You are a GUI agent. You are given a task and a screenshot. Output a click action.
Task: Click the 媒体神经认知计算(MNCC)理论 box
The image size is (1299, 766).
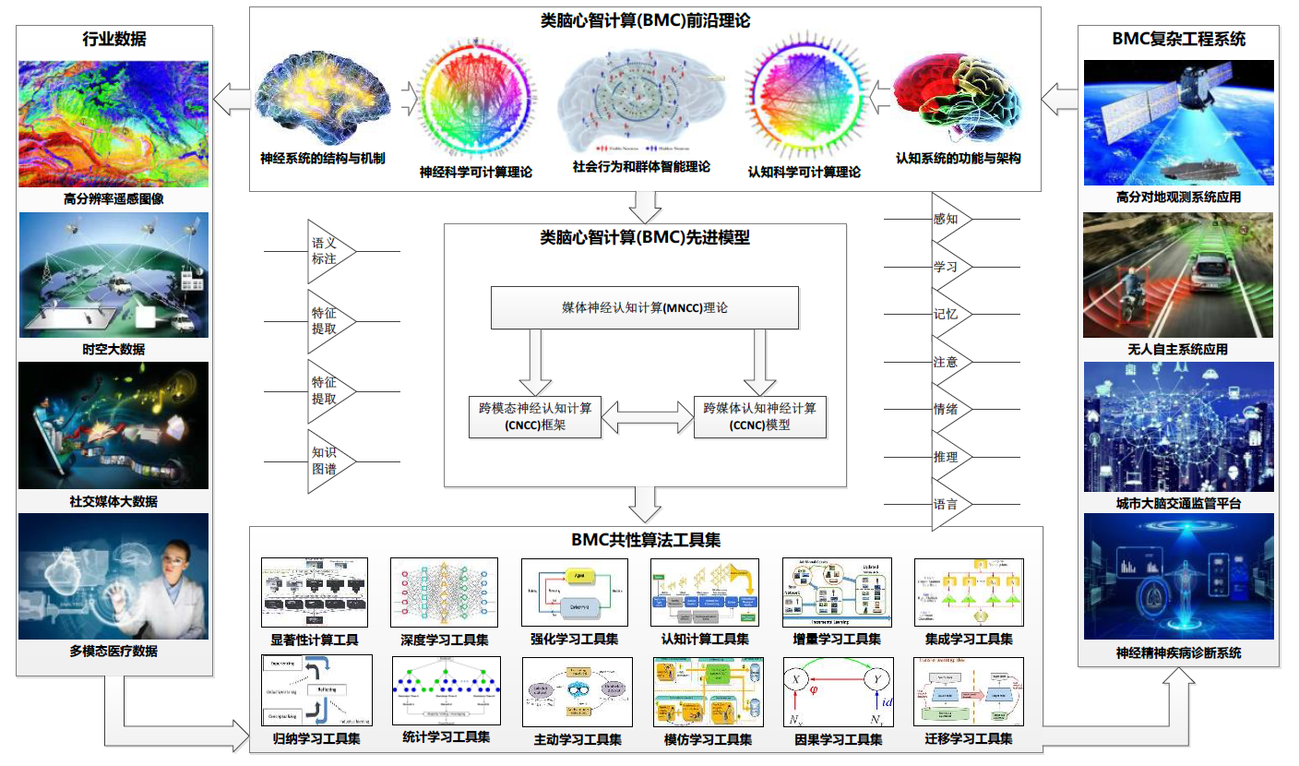pos(644,307)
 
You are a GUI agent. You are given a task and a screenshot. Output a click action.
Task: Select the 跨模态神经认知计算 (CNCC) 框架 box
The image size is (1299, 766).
pos(535,416)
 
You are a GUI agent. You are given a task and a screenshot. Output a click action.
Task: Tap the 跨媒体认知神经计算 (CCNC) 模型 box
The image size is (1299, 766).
pos(759,416)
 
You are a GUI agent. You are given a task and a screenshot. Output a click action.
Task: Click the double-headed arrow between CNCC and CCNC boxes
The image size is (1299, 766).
pos(647,416)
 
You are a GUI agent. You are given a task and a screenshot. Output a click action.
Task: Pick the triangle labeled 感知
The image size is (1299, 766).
pos(950,220)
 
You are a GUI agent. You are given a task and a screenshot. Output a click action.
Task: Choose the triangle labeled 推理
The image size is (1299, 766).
pos(950,457)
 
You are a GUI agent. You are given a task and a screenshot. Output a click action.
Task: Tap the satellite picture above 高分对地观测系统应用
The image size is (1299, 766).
pos(1178,122)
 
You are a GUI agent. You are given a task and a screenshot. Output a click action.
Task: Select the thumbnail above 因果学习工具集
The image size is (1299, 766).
pos(837,690)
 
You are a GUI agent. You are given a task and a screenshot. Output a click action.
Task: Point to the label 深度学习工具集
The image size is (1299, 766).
pos(444,639)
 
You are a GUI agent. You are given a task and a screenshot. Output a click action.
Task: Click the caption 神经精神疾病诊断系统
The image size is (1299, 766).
pos(1178,652)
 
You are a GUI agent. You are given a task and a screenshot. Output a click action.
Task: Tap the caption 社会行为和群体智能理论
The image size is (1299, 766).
pos(641,167)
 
